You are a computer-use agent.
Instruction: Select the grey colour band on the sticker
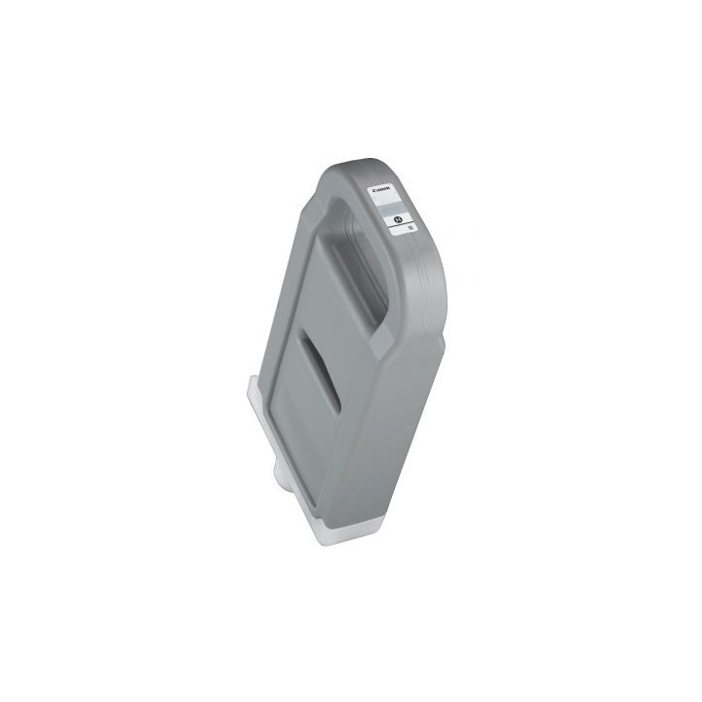[x=392, y=208]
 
